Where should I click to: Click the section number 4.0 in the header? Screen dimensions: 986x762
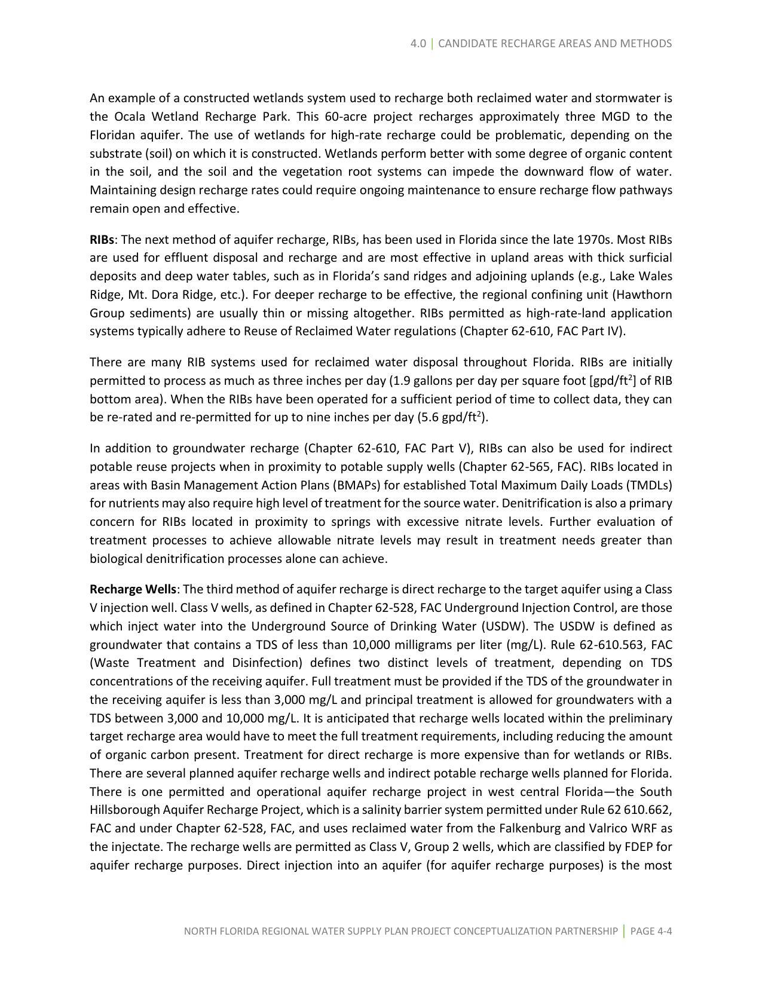[x=418, y=44]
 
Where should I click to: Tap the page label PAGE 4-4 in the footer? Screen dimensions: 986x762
[x=651, y=931]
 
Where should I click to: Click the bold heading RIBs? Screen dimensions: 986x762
[x=102, y=240]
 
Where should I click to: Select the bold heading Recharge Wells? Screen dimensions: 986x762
[x=133, y=589]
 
